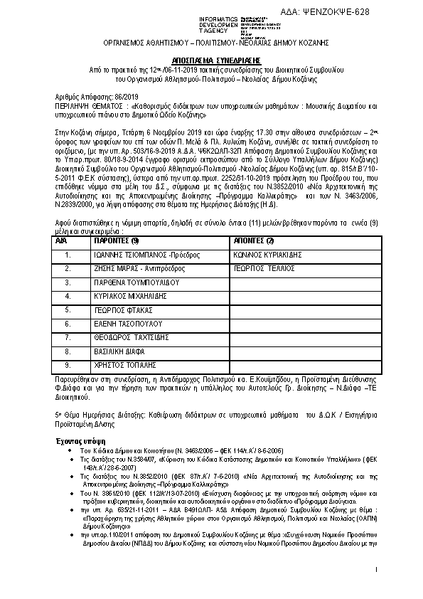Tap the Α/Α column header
tap(60, 241)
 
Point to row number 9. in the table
tap(68, 365)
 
